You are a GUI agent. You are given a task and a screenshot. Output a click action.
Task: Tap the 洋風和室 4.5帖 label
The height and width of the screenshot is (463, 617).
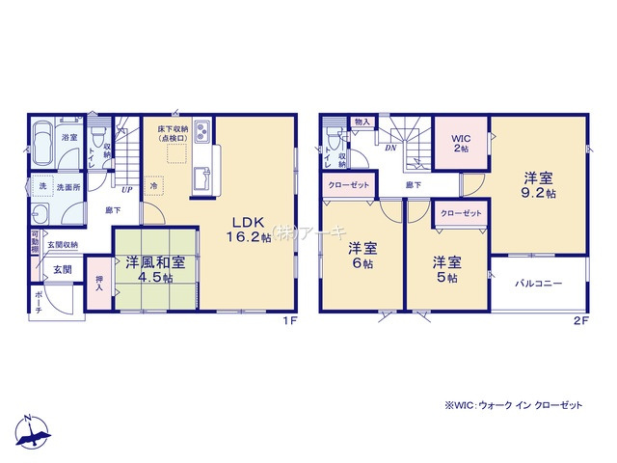click(x=147, y=269)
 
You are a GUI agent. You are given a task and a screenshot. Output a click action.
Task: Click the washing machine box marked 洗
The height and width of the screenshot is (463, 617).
click(x=42, y=186)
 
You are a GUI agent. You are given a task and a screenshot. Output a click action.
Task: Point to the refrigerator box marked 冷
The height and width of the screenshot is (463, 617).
click(x=154, y=185)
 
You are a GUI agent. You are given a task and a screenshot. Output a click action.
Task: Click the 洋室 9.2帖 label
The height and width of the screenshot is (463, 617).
click(x=538, y=185)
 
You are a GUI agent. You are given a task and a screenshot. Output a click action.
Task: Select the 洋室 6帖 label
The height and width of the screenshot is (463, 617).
click(x=362, y=254)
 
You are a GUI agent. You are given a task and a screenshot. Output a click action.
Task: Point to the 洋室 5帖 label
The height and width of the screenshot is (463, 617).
click(x=445, y=269)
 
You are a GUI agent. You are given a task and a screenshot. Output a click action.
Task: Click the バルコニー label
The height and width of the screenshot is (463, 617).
click(x=538, y=284)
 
